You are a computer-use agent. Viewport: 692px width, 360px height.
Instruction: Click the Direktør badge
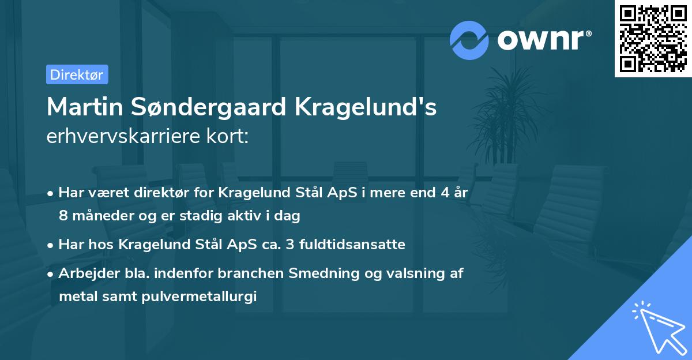coord(77,74)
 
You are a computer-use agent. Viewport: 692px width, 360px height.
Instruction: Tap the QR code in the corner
coord(653,39)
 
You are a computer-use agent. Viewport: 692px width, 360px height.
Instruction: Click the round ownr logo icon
coord(469,40)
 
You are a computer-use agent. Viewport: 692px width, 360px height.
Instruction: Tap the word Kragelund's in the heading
coord(367,107)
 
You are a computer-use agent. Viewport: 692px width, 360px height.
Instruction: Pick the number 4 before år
coord(445,193)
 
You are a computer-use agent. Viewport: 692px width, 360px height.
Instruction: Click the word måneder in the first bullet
coord(99,216)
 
